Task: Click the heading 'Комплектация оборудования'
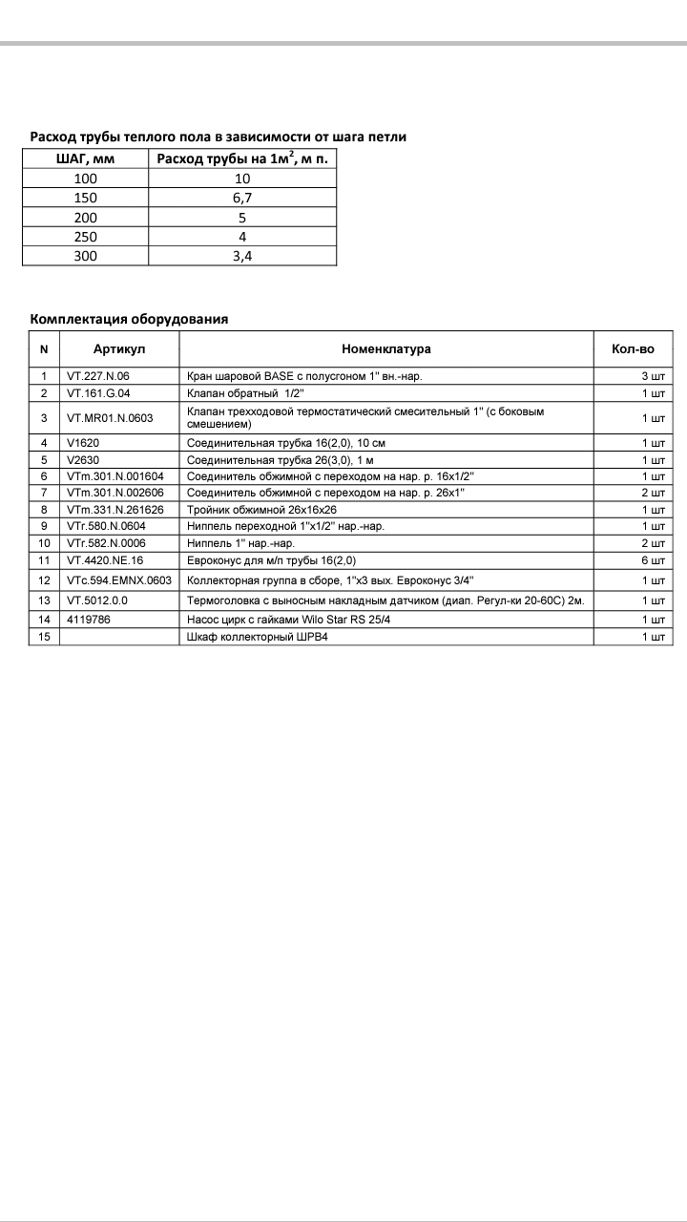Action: point(129,319)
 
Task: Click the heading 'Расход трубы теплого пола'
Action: point(219,137)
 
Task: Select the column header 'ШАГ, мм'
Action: point(85,159)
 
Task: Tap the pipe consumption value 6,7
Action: point(242,198)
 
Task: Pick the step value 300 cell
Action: point(85,256)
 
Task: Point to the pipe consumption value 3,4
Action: point(242,256)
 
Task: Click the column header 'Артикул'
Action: point(119,349)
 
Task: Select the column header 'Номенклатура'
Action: point(386,349)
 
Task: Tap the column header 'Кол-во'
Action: point(632,349)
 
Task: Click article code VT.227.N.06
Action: point(98,376)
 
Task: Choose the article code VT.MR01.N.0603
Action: point(111,417)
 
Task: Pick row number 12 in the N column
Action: point(44,580)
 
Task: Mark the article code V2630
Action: point(84,459)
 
